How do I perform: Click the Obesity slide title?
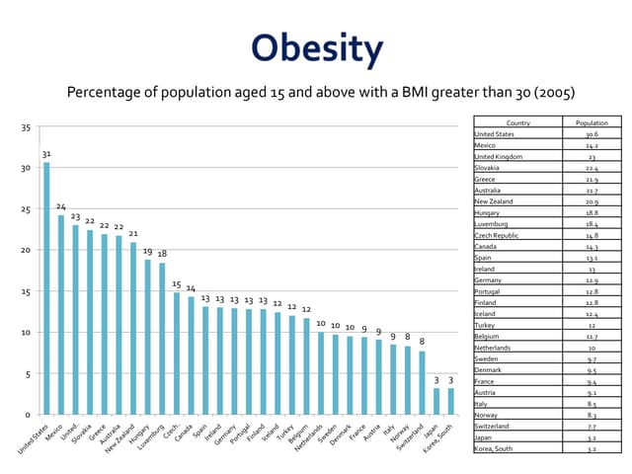316,48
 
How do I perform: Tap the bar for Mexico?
60,315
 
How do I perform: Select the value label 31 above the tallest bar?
46,154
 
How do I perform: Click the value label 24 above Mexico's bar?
60,207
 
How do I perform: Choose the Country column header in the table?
517,122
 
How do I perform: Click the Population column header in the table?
592,122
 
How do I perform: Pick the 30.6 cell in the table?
592,134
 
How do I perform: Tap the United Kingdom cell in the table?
506,157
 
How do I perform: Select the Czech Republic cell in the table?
504,236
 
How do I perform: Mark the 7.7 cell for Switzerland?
592,426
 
